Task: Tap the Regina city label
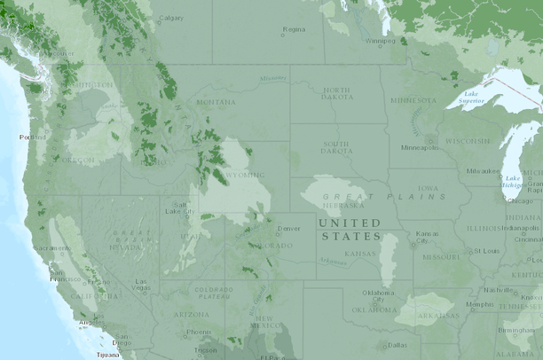click(x=294, y=29)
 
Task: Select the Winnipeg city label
click(x=381, y=41)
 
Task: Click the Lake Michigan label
click(x=513, y=183)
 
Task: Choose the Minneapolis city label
click(x=419, y=147)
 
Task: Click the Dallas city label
click(x=397, y=345)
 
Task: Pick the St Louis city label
click(x=486, y=251)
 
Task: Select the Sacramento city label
click(x=52, y=248)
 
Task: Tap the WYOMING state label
click(x=244, y=176)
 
